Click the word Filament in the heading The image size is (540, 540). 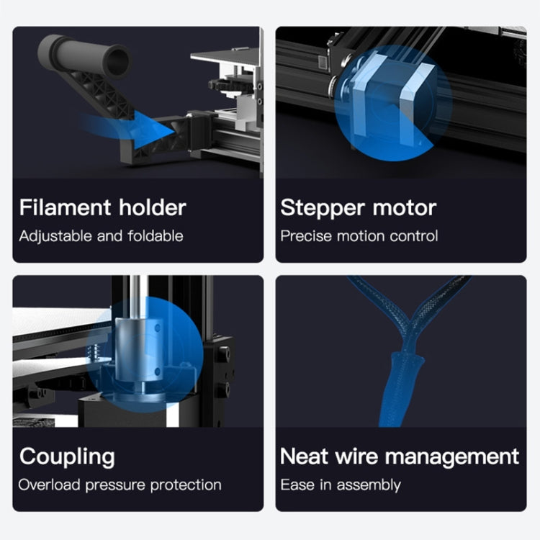(x=65, y=207)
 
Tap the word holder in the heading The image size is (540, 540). (x=153, y=207)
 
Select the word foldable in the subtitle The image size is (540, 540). (x=156, y=236)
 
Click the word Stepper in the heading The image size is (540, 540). (x=323, y=209)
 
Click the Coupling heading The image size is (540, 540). (x=67, y=458)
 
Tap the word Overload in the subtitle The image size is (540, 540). (x=49, y=485)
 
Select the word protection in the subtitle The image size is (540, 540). (x=186, y=485)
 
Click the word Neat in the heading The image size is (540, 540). (x=304, y=456)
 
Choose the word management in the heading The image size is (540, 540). (x=452, y=458)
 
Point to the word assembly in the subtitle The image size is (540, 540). (x=369, y=485)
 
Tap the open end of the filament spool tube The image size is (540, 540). (x=119, y=61)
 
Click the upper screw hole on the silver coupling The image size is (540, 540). (x=158, y=328)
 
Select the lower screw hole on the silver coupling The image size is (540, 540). (x=158, y=372)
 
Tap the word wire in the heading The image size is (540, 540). (x=356, y=456)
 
